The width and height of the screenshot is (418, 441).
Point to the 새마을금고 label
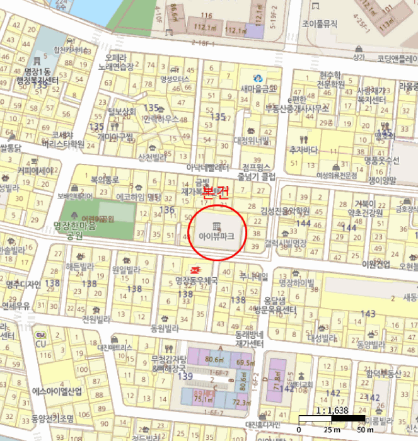pos(258,89)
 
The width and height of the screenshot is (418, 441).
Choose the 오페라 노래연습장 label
pos(119,61)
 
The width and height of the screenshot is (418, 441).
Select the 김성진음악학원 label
pos(286,210)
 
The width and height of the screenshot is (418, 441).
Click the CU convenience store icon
pos(40,335)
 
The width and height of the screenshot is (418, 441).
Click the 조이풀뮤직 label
pos(320,25)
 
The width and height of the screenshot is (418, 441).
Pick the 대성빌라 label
pos(323,338)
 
